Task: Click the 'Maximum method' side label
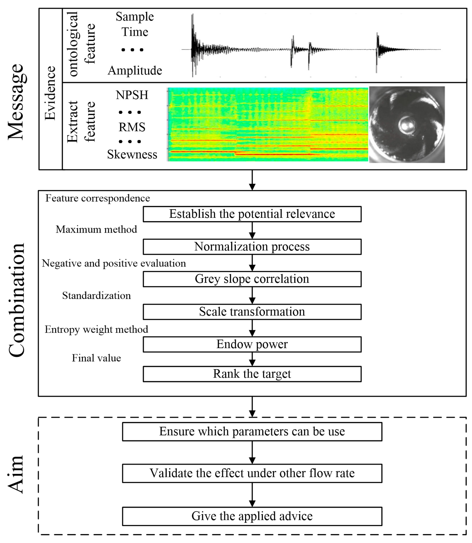pyautogui.click(x=96, y=229)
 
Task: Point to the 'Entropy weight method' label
pyautogui.click(x=96, y=329)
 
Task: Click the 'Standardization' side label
pyautogui.click(x=96, y=296)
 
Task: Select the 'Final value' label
pyautogui.click(x=96, y=358)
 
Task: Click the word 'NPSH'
pyautogui.click(x=132, y=95)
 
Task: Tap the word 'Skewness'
pyautogui.click(x=132, y=154)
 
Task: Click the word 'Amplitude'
pyautogui.click(x=135, y=71)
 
